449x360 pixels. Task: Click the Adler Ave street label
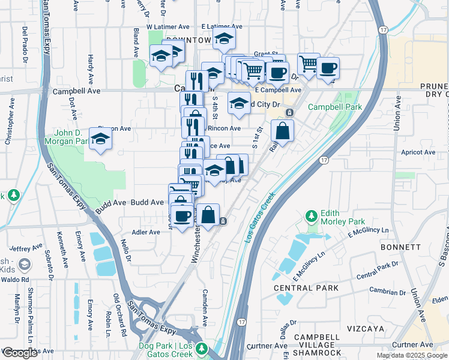click(x=146, y=232)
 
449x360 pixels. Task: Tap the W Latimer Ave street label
click(x=167, y=27)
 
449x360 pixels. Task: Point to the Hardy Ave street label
click(x=91, y=69)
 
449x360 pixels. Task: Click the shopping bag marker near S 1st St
click(x=282, y=130)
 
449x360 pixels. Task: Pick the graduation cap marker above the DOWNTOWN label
click(x=224, y=39)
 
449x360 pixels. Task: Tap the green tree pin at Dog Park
click(x=202, y=347)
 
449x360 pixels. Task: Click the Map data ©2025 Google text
click(x=411, y=355)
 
